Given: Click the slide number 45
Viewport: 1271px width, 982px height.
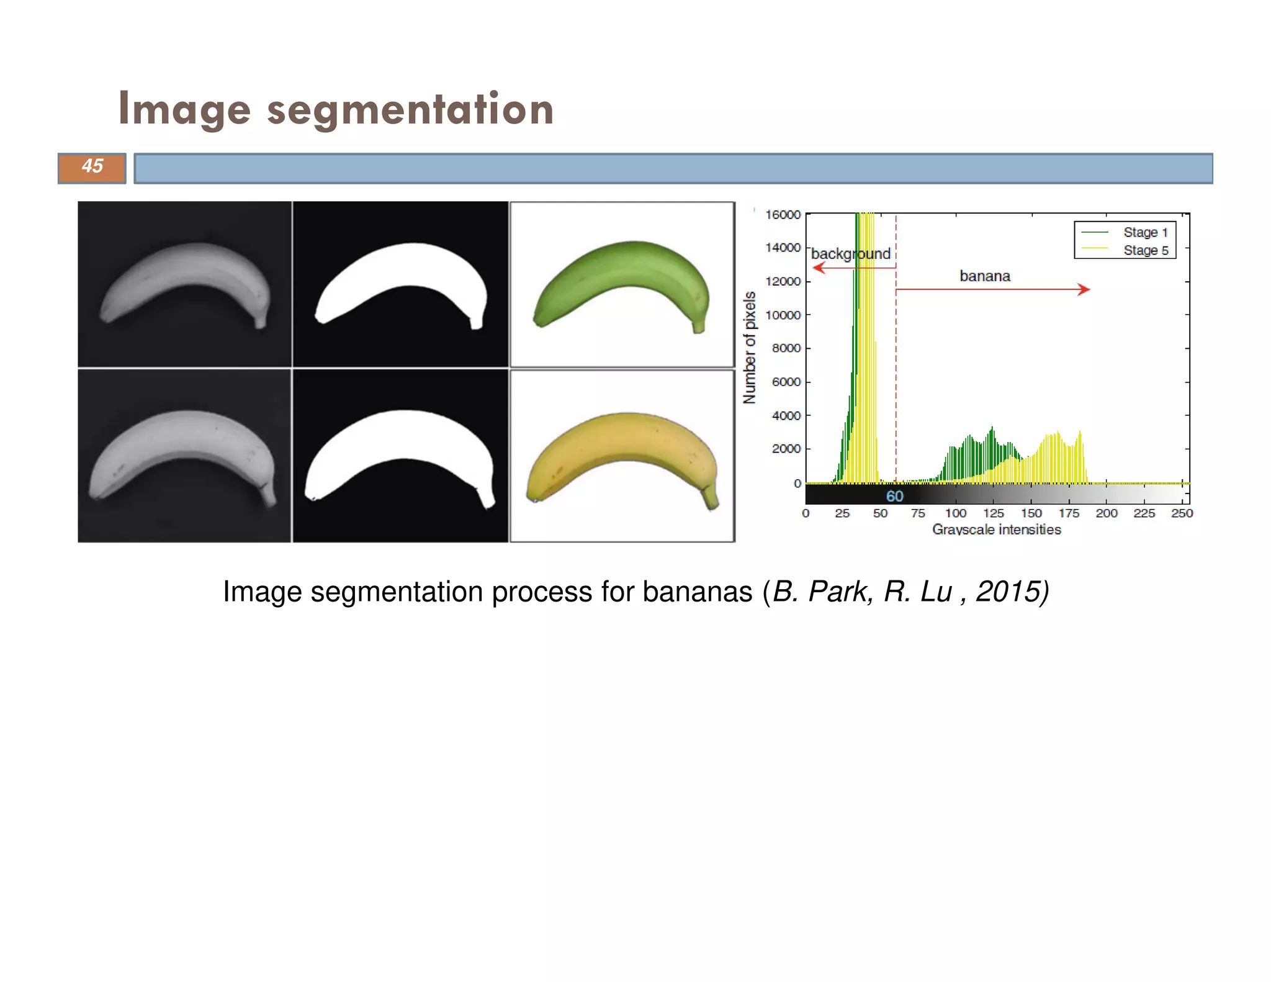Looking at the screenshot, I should coord(92,166).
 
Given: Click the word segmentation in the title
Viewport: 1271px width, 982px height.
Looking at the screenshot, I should coord(410,109).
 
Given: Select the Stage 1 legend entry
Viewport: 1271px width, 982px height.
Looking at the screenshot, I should coord(1145,232).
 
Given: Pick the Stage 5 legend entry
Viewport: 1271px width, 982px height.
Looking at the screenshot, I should coord(1145,250).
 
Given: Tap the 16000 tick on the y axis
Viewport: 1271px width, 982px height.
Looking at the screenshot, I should coord(783,215).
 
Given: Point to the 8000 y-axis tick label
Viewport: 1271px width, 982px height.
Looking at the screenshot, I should coord(786,348).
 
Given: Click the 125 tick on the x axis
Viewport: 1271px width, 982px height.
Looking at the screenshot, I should coord(993,513).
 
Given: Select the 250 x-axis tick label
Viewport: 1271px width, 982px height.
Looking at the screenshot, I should coord(1182,513).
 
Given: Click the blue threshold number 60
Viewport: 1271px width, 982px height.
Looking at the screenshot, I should coord(894,496).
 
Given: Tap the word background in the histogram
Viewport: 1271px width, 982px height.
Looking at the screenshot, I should coord(850,254).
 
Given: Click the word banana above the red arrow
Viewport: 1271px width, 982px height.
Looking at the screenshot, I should coord(985,276).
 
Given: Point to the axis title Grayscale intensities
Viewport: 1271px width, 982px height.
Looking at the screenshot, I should coord(996,529).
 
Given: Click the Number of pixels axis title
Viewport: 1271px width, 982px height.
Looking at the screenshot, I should coord(750,348).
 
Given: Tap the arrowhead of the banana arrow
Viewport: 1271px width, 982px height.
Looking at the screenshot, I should coord(1084,289).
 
